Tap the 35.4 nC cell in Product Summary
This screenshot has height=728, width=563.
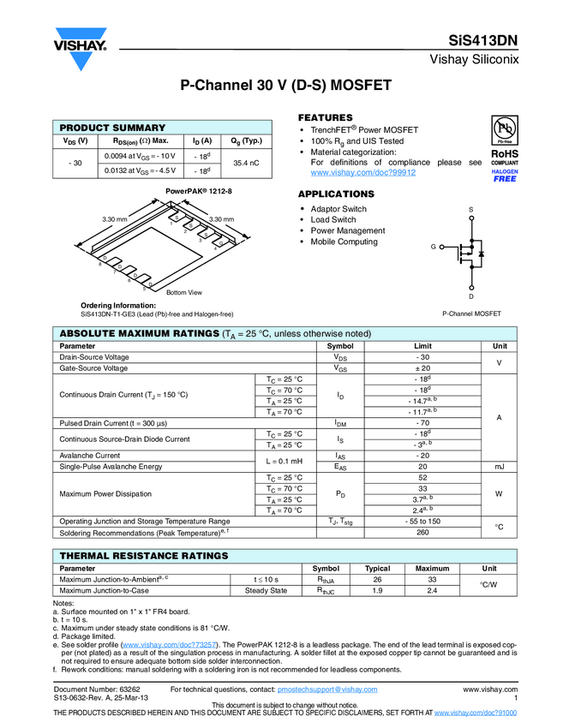point(246,162)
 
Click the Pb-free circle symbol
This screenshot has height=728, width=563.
point(505,128)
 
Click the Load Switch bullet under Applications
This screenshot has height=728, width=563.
point(333,220)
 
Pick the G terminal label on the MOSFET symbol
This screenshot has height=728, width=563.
point(434,248)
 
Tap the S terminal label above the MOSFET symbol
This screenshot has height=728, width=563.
point(470,210)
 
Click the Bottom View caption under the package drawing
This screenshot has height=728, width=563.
point(183,293)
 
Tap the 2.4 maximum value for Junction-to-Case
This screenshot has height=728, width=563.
point(433,590)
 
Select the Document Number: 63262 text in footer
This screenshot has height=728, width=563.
point(97,689)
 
